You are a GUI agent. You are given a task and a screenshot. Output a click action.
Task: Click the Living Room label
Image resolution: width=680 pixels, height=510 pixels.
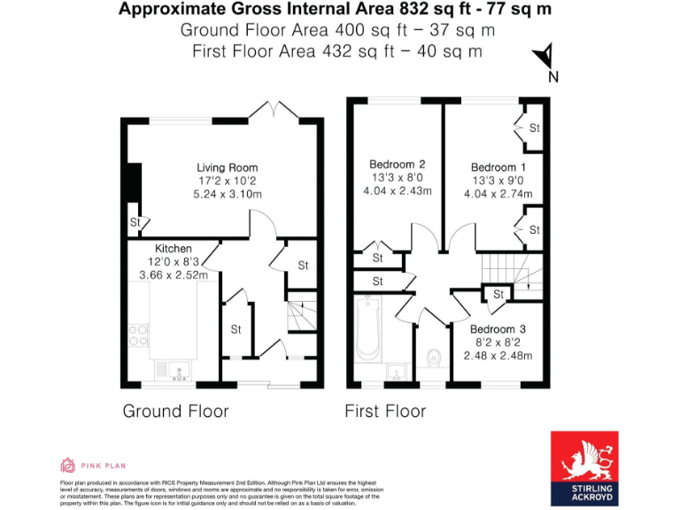tap(228, 167)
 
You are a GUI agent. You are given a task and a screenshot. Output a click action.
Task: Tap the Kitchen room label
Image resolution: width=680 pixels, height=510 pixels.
tap(174, 249)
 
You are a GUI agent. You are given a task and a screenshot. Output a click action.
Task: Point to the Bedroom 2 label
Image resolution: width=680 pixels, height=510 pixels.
tap(398, 164)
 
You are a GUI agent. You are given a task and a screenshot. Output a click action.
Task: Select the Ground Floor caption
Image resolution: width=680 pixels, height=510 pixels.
tap(175, 411)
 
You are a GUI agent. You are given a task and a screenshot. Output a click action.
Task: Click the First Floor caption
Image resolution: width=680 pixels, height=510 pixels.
tap(385, 411)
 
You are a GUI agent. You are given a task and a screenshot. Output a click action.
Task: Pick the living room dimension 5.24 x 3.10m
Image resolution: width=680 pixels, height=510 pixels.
tap(228, 193)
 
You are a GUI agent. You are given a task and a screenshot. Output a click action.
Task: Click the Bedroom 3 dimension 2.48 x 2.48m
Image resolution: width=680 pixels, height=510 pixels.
tap(498, 356)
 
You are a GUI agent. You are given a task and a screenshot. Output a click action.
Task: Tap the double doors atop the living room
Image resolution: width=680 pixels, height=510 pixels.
tap(268, 110)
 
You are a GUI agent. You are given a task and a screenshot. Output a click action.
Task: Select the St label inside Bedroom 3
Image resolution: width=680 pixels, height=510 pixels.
tap(498, 294)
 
